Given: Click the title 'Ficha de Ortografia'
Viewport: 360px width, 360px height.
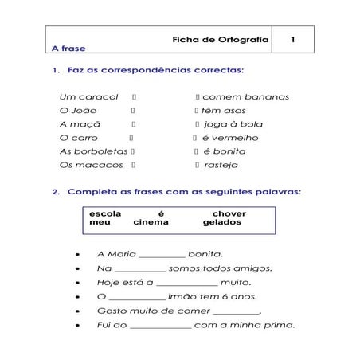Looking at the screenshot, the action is pyautogui.click(x=221, y=37).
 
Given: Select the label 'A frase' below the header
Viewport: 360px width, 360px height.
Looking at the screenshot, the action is pyautogui.click(x=67, y=49).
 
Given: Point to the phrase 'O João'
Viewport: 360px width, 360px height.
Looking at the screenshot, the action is pyautogui.click(x=77, y=111).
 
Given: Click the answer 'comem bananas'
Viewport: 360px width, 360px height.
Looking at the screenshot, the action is pyautogui.click(x=246, y=97).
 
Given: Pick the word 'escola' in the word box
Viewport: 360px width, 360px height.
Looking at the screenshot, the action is pyautogui.click(x=106, y=214).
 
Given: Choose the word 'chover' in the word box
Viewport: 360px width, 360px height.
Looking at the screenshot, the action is pyautogui.click(x=229, y=214).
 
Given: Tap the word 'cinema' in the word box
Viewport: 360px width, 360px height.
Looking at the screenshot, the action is pyautogui.click(x=151, y=223).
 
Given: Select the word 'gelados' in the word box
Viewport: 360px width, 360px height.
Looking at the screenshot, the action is pyautogui.click(x=222, y=223).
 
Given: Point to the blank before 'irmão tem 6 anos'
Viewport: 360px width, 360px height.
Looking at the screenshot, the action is pyautogui.click(x=137, y=297).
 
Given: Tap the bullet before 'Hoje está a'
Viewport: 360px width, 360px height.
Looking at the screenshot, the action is pyautogui.click(x=75, y=283).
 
